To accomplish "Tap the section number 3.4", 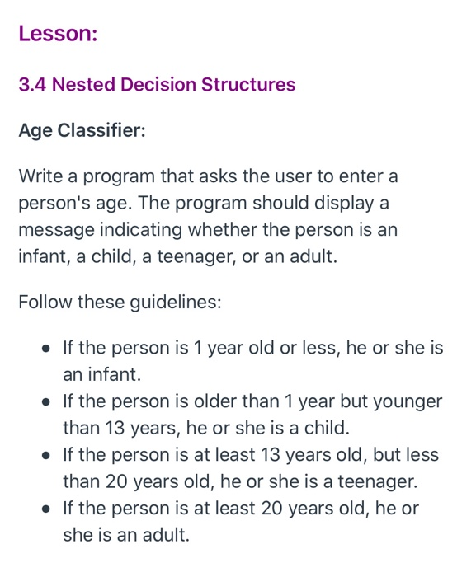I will coord(32,85).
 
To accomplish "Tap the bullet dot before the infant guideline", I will coord(48,349).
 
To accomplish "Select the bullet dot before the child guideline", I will coord(48,402).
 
